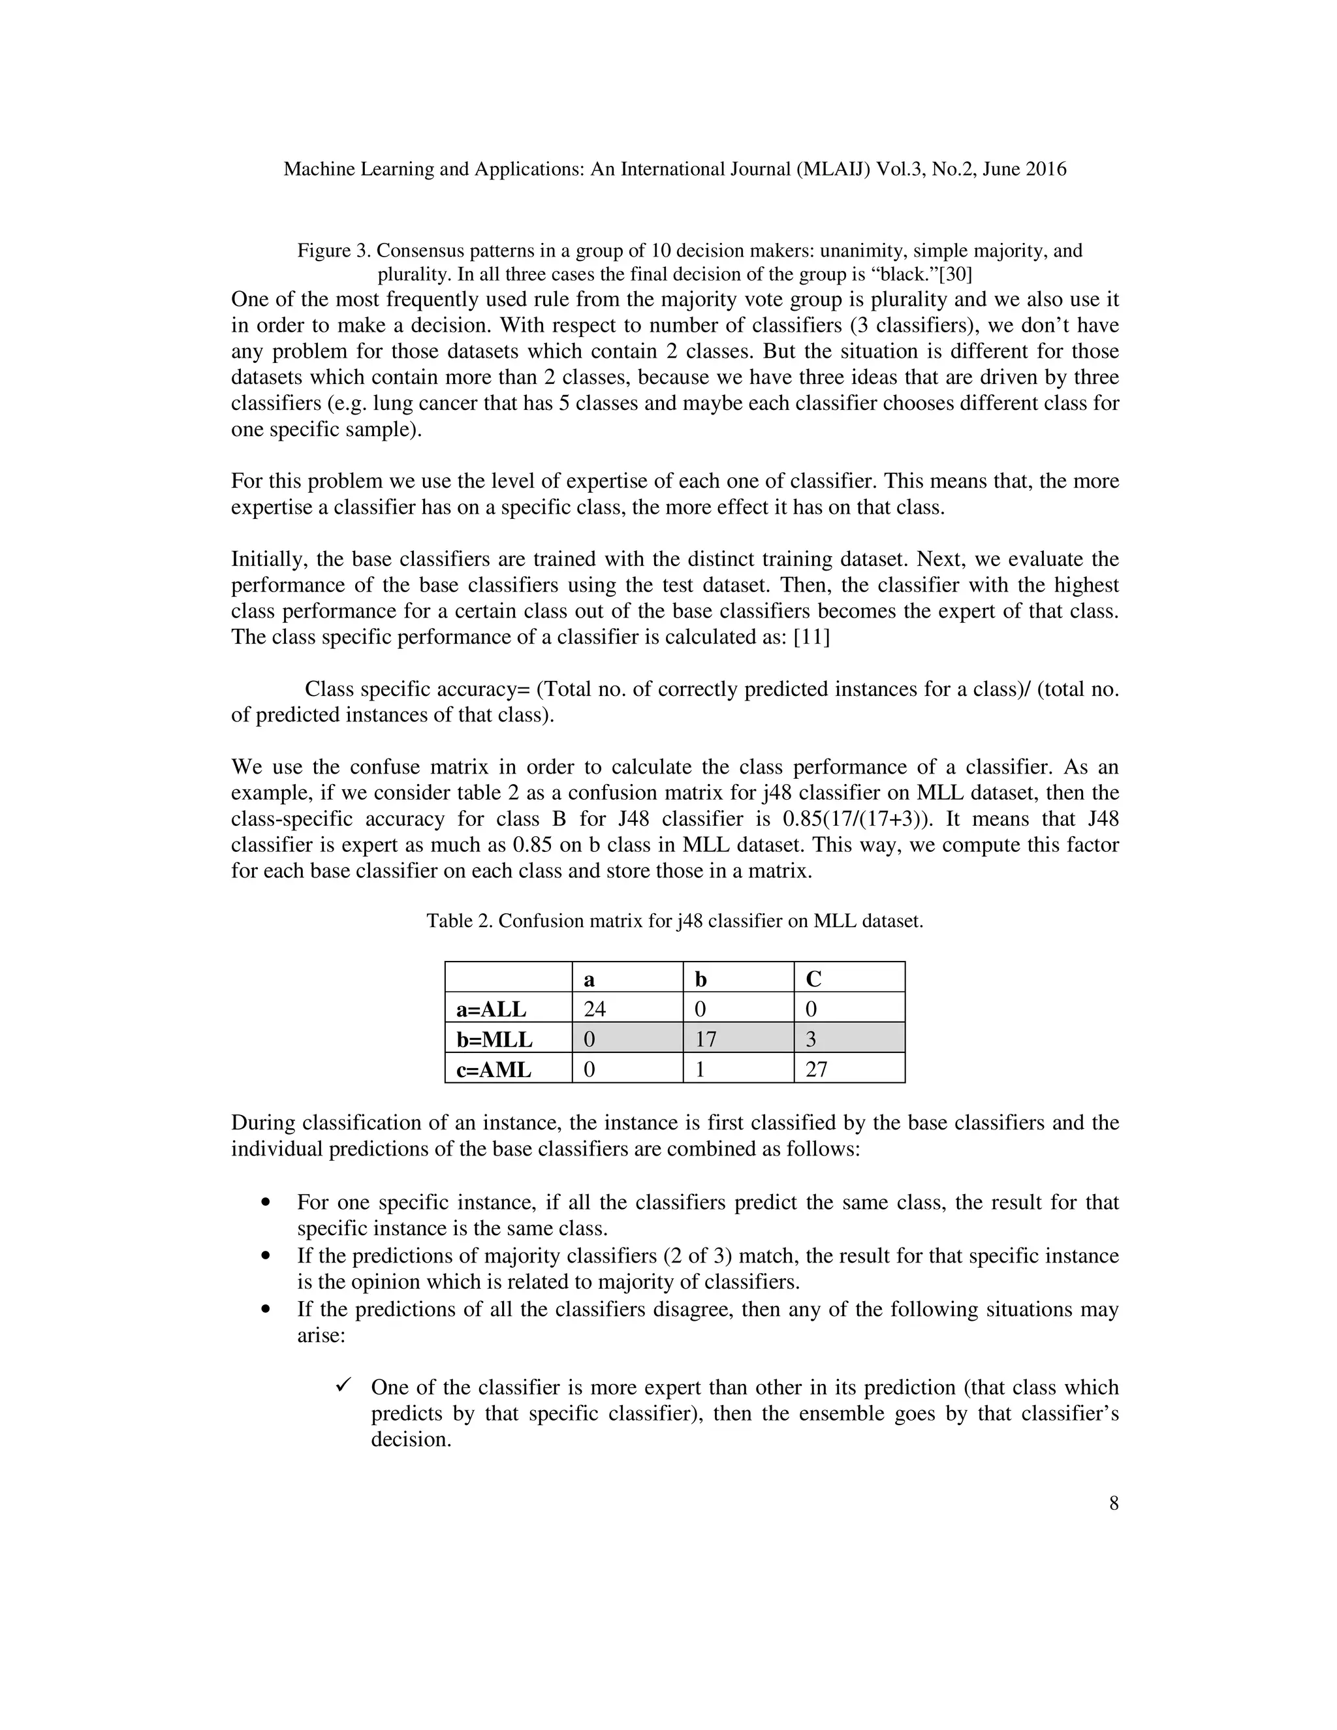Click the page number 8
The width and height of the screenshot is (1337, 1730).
click(x=1114, y=1503)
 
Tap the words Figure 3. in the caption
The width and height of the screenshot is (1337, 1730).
click(x=334, y=251)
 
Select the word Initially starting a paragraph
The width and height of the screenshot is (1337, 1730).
click(x=267, y=559)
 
